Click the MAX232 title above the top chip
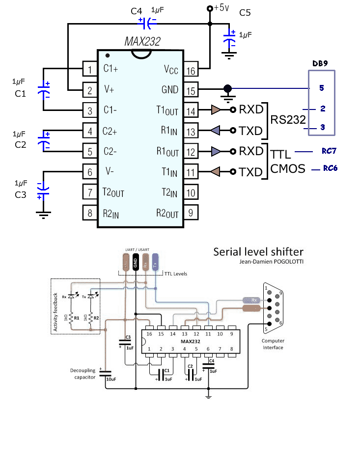142,42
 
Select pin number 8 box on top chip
90,214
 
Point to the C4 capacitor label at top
138,10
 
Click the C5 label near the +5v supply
245,12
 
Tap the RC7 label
330,151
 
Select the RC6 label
330,168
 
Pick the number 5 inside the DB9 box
322,88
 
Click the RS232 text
288,120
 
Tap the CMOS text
288,169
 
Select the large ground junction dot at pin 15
227,88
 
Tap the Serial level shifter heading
258,252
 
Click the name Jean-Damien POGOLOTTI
277,262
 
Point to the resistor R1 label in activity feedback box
76,318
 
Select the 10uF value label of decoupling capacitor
111,379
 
